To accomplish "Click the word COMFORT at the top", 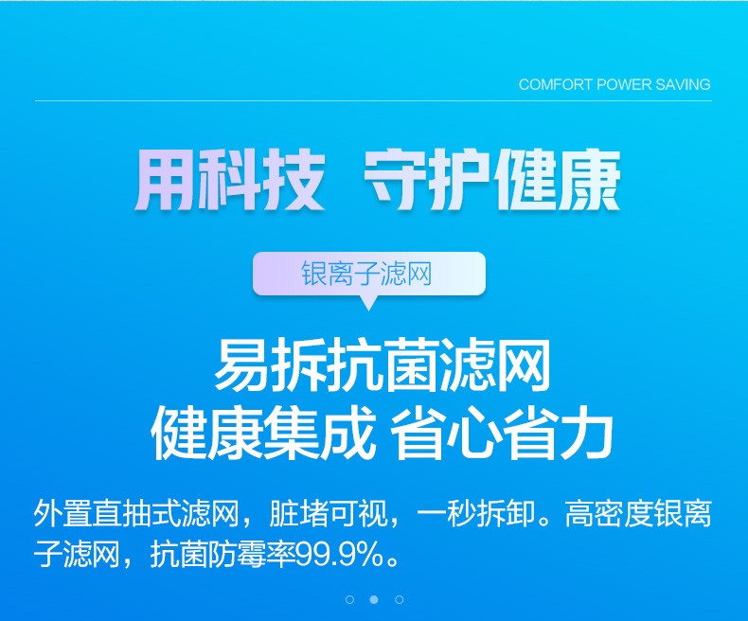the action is [555, 84].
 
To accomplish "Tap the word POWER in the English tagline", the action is [624, 84].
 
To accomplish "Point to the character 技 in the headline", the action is [294, 179].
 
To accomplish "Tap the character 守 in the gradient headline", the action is [396, 179].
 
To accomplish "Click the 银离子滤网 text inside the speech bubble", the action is [366, 274].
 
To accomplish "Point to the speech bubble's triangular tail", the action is [368, 302].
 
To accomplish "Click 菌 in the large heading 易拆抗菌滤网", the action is [410, 365].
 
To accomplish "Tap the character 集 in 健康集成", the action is [290, 434].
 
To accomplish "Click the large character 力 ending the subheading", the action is [585, 434].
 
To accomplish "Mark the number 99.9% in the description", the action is [339, 555].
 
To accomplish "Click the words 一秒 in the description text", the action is [446, 514].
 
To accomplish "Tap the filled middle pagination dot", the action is [374, 599].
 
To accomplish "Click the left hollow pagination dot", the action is [349, 599].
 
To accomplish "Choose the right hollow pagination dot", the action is [400, 599].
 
